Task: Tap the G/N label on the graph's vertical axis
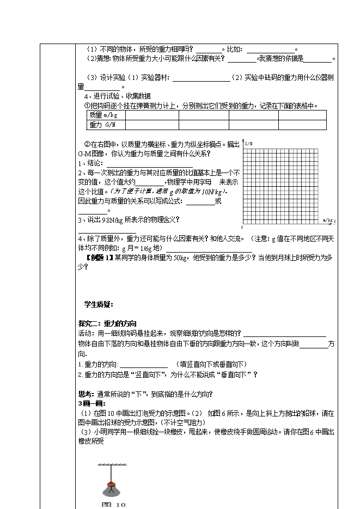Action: (249, 144)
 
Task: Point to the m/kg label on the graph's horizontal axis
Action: (328, 220)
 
